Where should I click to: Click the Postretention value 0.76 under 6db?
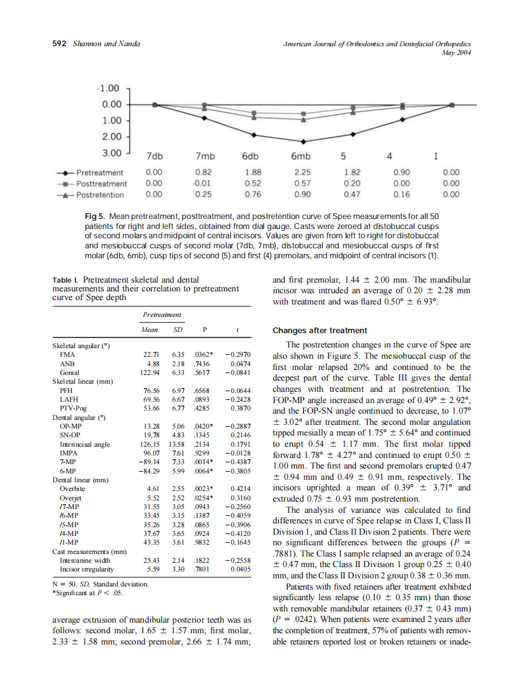click(x=253, y=195)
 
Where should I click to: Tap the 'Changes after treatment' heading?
click(x=320, y=331)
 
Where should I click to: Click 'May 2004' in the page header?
click(x=458, y=52)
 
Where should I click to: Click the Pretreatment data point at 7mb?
click(x=204, y=118)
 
